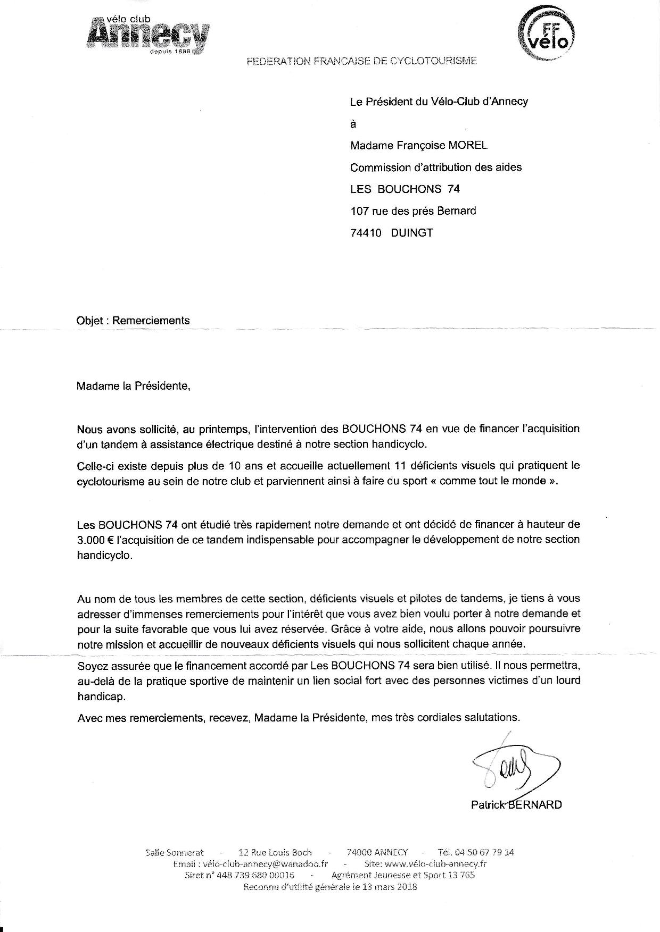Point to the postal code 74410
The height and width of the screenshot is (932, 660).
click(x=366, y=233)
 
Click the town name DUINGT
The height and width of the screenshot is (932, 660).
click(x=411, y=233)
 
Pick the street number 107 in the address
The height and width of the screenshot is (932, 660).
click(x=359, y=211)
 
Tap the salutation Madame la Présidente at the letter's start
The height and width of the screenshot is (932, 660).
click(x=133, y=386)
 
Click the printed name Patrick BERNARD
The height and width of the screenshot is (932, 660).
click(x=516, y=804)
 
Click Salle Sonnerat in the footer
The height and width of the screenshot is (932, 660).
click(x=175, y=852)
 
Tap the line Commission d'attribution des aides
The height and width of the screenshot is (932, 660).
click(x=435, y=167)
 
